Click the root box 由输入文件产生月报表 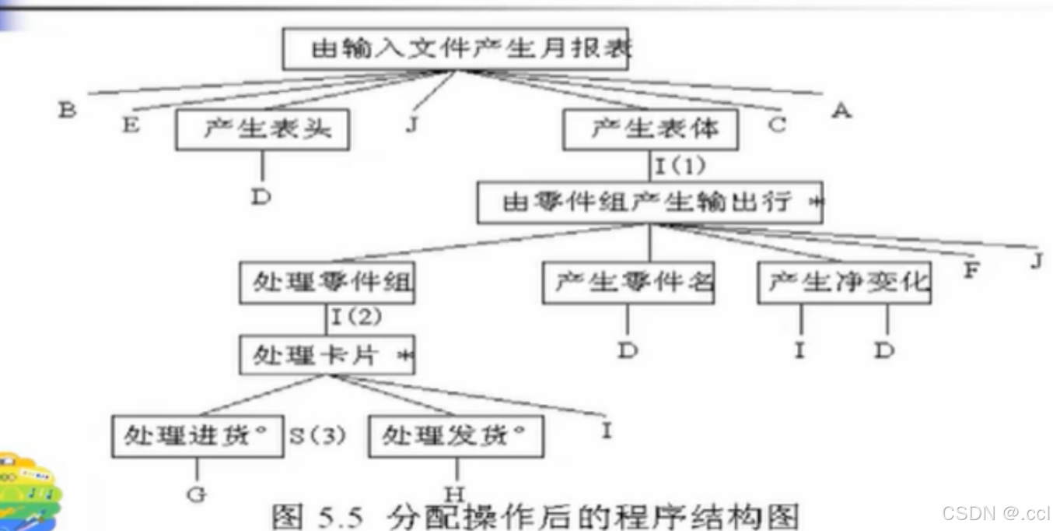click(x=455, y=49)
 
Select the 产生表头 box click(x=262, y=128)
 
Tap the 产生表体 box click(x=650, y=128)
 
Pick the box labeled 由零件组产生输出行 click(x=649, y=203)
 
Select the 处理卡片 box click(x=327, y=356)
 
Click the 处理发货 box click(x=455, y=436)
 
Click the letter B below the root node click(x=67, y=110)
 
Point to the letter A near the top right click(x=841, y=111)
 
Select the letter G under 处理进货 click(x=197, y=494)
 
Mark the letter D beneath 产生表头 click(x=261, y=196)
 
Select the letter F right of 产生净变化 click(x=971, y=271)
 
